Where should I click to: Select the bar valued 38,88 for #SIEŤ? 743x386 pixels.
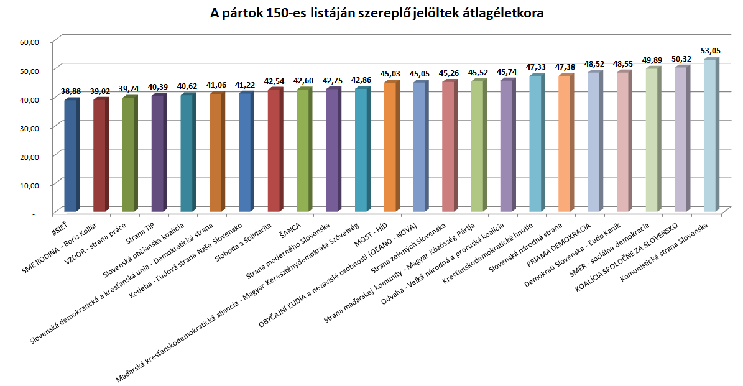coord(71,155)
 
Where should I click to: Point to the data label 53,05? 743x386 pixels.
coord(711,51)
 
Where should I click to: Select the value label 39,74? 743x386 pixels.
coord(129,89)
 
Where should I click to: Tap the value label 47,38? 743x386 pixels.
coord(565,67)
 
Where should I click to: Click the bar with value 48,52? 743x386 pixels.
coord(594,142)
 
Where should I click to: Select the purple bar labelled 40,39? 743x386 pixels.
coord(158,153)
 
